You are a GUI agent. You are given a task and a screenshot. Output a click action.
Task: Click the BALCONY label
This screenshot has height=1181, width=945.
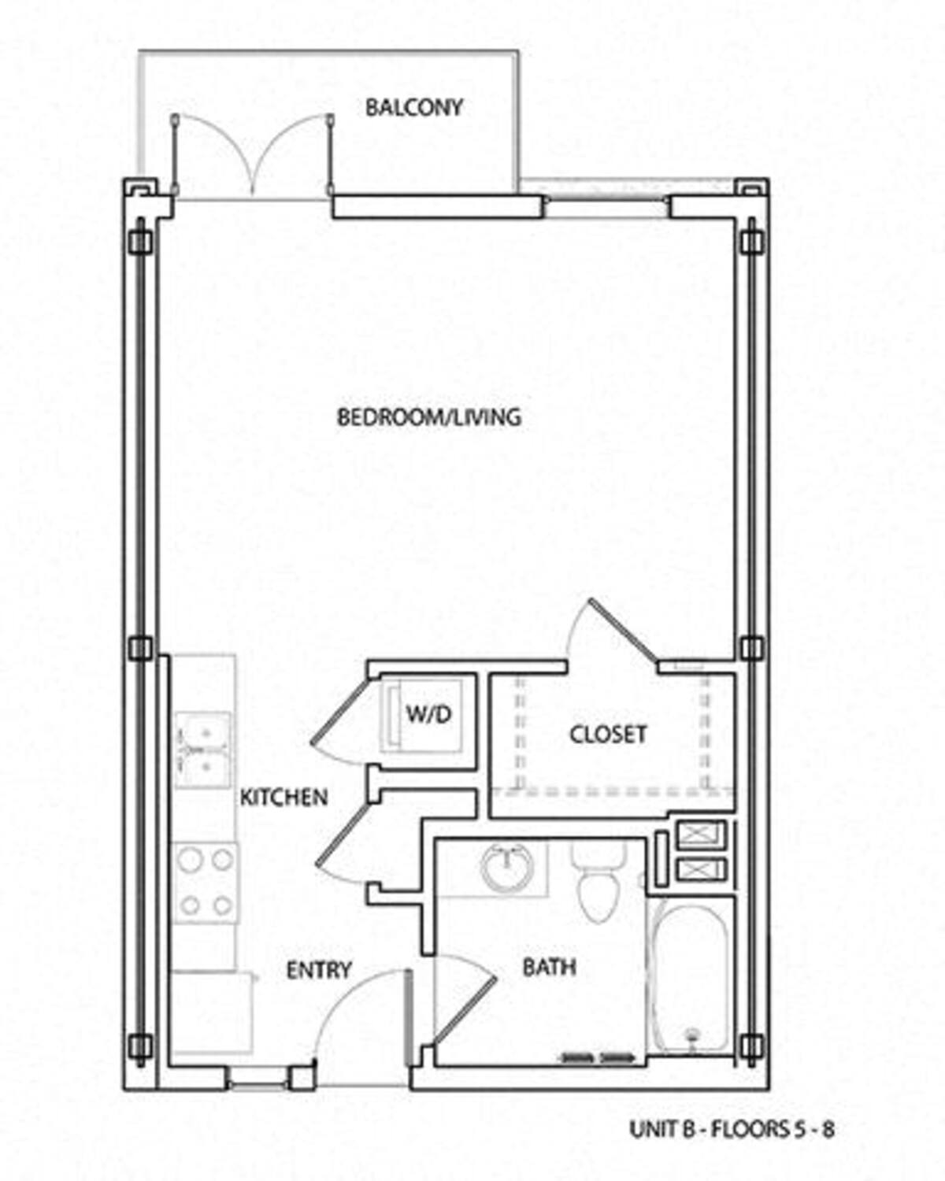point(414,107)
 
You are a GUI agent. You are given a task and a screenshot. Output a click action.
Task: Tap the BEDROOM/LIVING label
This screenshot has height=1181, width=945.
point(429,417)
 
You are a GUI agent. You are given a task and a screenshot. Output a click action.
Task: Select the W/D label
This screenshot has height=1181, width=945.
point(429,714)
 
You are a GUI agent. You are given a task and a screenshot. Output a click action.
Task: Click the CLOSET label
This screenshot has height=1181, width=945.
point(608,735)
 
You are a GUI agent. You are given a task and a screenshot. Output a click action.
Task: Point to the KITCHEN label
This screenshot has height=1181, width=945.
point(283,798)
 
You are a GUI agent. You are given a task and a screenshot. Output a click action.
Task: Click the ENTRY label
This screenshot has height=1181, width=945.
point(318,970)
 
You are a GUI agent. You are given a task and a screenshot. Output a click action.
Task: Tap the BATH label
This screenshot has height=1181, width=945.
point(549,967)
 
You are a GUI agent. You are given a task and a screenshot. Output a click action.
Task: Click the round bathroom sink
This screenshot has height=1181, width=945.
point(506,867)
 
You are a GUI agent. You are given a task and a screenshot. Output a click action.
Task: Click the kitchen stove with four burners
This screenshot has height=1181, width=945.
point(206,883)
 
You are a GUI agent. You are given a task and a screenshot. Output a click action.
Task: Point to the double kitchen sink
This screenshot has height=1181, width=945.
point(202,750)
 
